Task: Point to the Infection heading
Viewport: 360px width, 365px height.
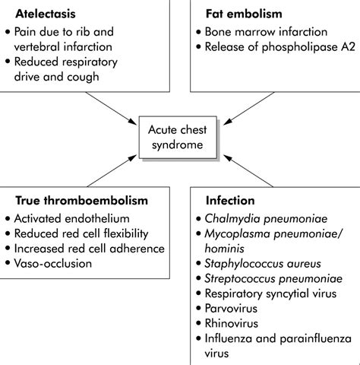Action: (229, 202)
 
